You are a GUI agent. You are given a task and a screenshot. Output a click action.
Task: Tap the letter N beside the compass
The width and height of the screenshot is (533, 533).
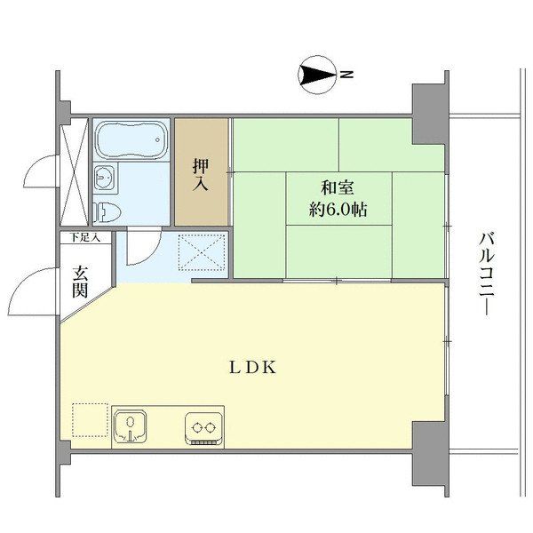click(347, 76)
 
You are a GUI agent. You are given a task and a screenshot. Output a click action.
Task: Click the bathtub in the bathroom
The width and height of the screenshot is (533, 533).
click(131, 141)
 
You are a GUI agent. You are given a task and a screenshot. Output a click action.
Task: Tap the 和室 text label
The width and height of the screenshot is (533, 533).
click(338, 187)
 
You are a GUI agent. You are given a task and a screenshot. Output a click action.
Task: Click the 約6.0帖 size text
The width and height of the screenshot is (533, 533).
click(338, 211)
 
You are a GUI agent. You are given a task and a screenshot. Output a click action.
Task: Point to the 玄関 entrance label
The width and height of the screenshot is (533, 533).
click(79, 281)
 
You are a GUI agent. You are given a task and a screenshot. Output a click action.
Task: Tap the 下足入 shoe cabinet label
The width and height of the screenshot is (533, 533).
click(85, 237)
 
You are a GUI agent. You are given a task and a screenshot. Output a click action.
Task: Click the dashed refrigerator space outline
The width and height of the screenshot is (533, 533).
click(89, 421)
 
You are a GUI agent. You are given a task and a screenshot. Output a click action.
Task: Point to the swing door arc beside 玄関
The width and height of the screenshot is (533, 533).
click(37, 290)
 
